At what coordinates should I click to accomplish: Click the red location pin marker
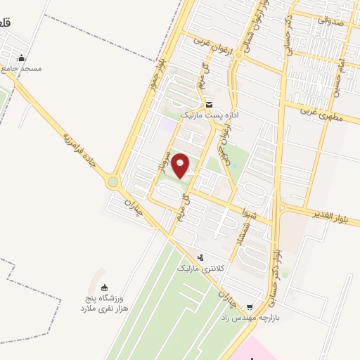coord(181,165)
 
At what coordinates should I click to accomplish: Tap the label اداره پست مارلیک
coord(210,113)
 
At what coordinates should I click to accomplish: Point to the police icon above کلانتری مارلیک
coord(200,257)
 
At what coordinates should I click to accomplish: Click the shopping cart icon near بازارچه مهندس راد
coord(250,307)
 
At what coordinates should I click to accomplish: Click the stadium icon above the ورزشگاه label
coord(104,287)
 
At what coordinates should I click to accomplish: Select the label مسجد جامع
coord(21,69)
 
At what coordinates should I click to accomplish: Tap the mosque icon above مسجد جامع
coord(22,58)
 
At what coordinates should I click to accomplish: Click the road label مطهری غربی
coord(320,110)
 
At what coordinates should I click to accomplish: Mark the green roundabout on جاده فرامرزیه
coord(112,183)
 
